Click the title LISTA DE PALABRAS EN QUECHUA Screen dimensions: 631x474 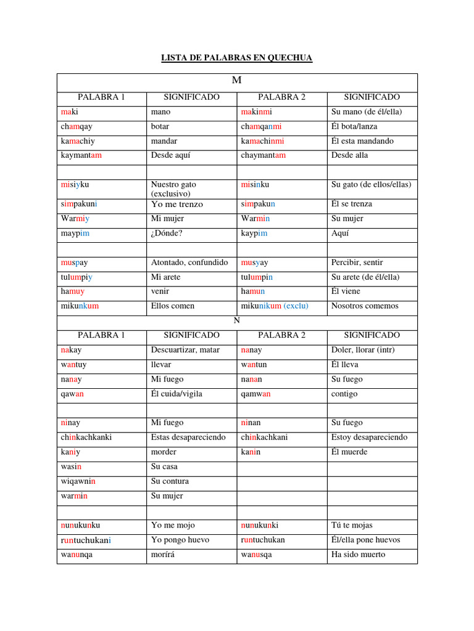tap(237, 58)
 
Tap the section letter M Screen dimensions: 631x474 tap(237, 81)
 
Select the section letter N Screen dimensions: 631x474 tap(237, 321)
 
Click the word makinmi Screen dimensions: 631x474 tap(256, 112)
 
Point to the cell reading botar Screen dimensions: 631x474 tap(160, 126)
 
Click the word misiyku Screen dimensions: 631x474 tap(75, 184)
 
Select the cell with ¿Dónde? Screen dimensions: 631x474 tap(168, 234)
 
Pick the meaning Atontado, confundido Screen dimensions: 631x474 tap(189, 263)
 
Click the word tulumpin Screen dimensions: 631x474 tap(256, 277)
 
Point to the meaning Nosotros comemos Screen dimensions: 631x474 tap(365, 306)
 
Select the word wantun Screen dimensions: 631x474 tap(254, 365)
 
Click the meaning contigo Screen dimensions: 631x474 tap(344, 394)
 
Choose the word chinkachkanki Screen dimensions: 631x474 tap(86, 438)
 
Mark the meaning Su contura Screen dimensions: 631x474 tap(170, 481)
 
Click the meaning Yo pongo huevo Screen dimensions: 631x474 tap(180, 540)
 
